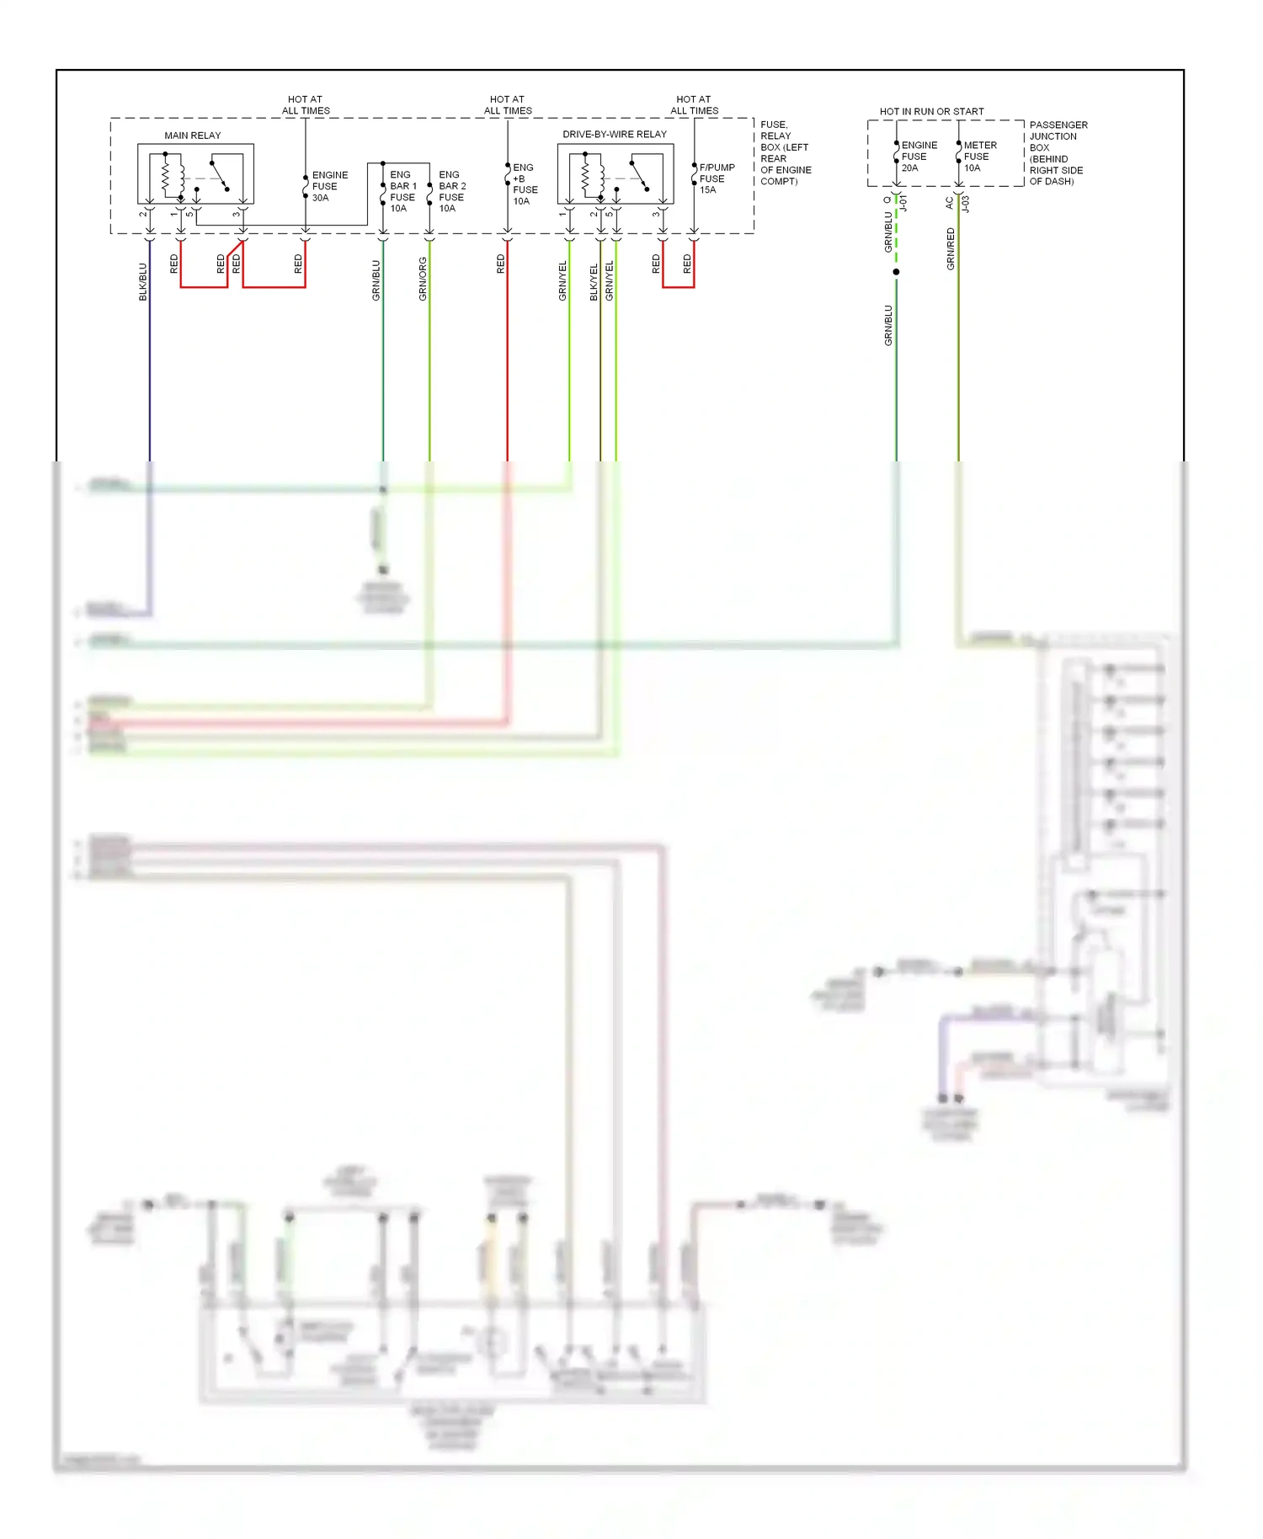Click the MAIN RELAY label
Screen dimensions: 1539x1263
[192, 136]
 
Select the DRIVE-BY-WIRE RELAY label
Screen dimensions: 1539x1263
[614, 135]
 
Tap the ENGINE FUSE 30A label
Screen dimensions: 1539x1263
[329, 186]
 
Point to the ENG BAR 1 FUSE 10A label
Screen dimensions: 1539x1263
[402, 192]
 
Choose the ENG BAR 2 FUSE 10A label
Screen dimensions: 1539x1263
[451, 192]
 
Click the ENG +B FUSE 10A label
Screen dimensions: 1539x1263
[525, 184]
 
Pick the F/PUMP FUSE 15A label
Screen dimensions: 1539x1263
[716, 178]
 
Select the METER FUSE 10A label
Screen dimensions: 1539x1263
[979, 157]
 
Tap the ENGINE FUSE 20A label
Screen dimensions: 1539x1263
[918, 157]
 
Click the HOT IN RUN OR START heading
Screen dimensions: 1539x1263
[931, 111]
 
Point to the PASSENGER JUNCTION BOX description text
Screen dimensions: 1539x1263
[1057, 153]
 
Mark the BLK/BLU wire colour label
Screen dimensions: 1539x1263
[143, 282]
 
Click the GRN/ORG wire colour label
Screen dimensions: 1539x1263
[423, 280]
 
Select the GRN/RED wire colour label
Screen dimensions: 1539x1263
[951, 249]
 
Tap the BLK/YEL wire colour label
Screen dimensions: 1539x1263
[594, 282]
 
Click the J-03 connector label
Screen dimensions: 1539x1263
[966, 204]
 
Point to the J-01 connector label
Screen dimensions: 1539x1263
[903, 204]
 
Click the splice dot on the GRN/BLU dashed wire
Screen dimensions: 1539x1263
[896, 272]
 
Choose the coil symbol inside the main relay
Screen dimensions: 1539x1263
[166, 177]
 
